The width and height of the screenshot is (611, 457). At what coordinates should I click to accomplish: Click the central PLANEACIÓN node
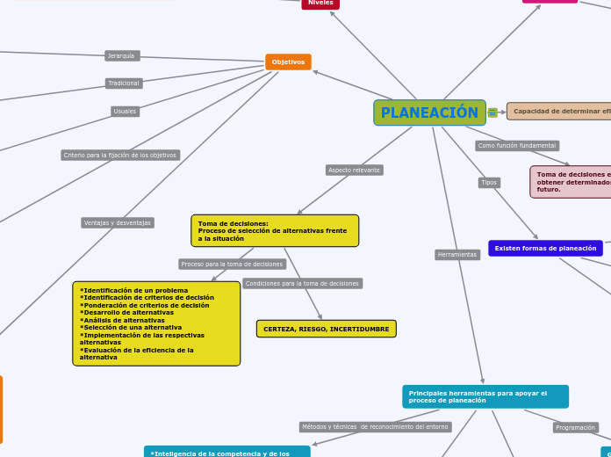click(x=429, y=112)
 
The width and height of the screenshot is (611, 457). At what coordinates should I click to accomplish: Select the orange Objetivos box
click(x=288, y=62)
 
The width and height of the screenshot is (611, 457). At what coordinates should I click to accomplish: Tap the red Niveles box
click(x=320, y=4)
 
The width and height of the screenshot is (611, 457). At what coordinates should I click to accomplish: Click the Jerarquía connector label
click(x=122, y=56)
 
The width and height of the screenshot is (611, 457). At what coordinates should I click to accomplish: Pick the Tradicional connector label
click(x=124, y=83)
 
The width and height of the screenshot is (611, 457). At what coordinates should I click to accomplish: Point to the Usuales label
click(x=125, y=112)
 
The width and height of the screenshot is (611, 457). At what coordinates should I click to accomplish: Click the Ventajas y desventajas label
click(x=118, y=223)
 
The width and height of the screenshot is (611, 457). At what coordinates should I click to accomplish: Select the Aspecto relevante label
click(x=355, y=170)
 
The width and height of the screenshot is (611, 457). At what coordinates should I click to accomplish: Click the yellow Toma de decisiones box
click(x=274, y=230)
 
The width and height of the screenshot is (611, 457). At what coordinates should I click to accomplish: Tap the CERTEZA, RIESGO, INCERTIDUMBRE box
click(x=326, y=329)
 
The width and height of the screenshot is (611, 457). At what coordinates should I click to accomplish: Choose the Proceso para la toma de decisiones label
click(x=233, y=264)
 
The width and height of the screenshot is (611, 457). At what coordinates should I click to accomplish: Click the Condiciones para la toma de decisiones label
click(x=302, y=284)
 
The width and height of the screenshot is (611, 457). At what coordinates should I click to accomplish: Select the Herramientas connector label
click(x=457, y=255)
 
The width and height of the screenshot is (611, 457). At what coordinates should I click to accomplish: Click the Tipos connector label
click(x=489, y=183)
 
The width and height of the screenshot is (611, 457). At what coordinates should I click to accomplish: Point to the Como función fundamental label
click(x=517, y=145)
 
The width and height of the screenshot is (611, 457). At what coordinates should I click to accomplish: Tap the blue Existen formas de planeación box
click(x=545, y=249)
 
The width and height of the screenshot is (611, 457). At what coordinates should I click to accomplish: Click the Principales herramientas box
click(x=485, y=396)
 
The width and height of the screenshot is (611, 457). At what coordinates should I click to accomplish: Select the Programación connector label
click(x=576, y=428)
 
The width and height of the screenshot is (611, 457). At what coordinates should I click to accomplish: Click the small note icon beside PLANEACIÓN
click(x=492, y=112)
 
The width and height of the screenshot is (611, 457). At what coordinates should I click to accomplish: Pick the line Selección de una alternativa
click(x=131, y=328)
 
